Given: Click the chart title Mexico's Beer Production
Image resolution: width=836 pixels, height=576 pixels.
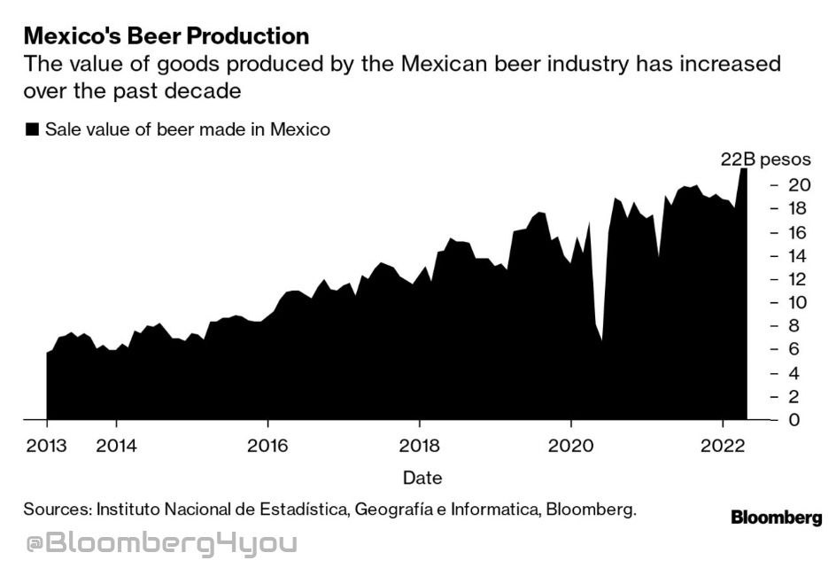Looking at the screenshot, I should coord(166,36).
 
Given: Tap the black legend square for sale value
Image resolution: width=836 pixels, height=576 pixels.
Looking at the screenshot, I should coord(32,129).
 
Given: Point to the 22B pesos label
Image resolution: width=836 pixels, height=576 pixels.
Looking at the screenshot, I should coord(765,160).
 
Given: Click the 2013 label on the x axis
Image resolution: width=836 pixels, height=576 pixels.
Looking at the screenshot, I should coord(46,445).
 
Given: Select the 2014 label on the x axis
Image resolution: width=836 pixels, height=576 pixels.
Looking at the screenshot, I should coord(116,445).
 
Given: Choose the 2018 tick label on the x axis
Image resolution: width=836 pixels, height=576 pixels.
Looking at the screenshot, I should coord(420,445).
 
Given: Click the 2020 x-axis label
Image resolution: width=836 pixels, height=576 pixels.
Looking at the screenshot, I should coord(571,445).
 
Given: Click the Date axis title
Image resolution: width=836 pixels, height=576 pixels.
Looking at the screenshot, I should coord(422,478).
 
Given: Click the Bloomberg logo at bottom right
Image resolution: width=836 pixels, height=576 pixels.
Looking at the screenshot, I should coord(776,518).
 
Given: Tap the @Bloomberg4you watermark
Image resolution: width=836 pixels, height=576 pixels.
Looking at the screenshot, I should coord(160,543).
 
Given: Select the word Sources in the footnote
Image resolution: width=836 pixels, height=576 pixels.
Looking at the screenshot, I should coord(57,510).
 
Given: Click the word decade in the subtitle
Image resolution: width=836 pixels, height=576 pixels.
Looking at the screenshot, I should coord(209,90).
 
